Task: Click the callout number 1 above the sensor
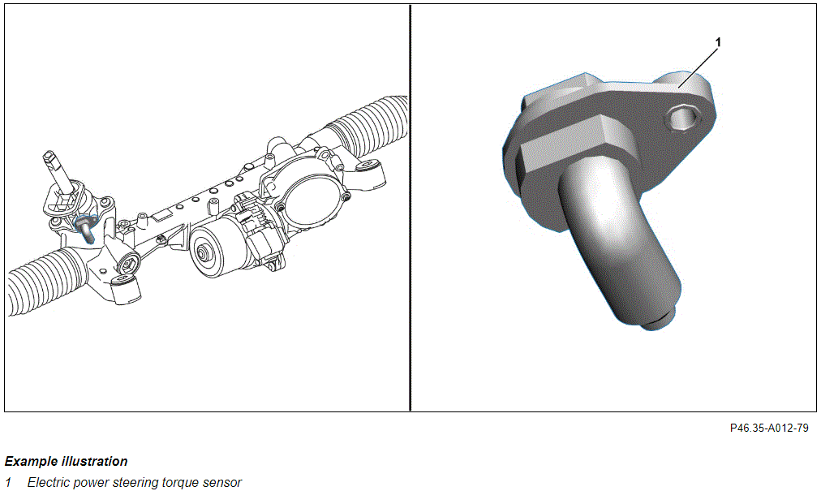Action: [x=718, y=42]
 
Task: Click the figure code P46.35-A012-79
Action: [x=768, y=429]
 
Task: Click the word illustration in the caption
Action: [x=95, y=462]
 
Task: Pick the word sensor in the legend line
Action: [x=222, y=483]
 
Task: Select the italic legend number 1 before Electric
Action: [x=8, y=482]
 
